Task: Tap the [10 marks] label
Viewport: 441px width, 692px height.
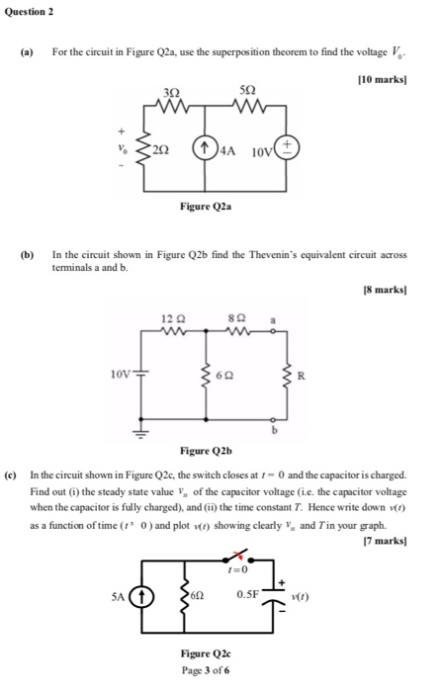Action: pyautogui.click(x=384, y=75)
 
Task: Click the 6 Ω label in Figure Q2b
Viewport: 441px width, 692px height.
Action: pyautogui.click(x=227, y=377)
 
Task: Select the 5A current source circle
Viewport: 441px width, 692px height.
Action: pyautogui.click(x=141, y=597)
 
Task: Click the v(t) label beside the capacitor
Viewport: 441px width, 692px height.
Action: pyautogui.click(x=296, y=596)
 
